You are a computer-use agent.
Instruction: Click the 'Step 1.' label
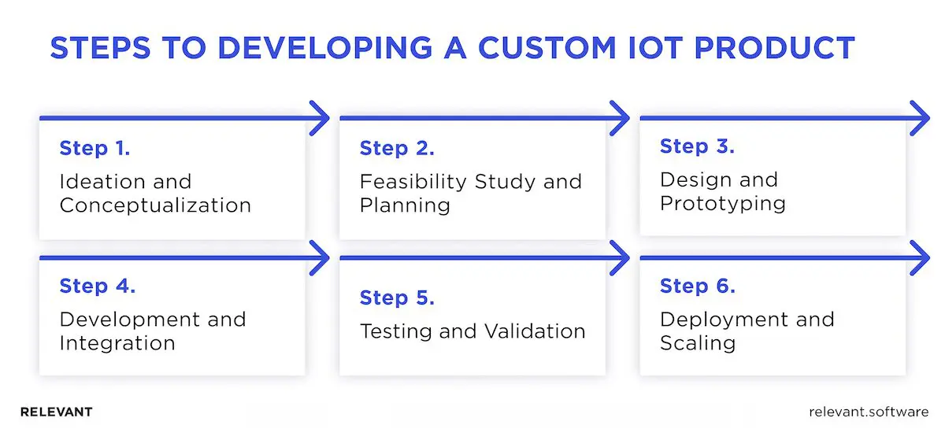click(94, 148)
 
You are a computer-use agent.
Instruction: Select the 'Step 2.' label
click(397, 148)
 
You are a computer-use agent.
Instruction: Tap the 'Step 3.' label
click(697, 146)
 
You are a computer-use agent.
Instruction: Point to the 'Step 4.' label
click(98, 287)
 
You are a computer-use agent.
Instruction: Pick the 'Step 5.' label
click(397, 298)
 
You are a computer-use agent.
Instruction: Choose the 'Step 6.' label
click(698, 287)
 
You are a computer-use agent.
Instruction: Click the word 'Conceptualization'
click(155, 206)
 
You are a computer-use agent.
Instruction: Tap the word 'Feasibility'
click(413, 182)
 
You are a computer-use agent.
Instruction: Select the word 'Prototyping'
click(723, 203)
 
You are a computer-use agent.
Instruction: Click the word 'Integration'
click(117, 344)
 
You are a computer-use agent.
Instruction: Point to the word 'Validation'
click(532, 331)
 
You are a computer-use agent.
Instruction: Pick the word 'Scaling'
click(698, 344)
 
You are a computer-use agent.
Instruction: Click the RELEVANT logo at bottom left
click(56, 412)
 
